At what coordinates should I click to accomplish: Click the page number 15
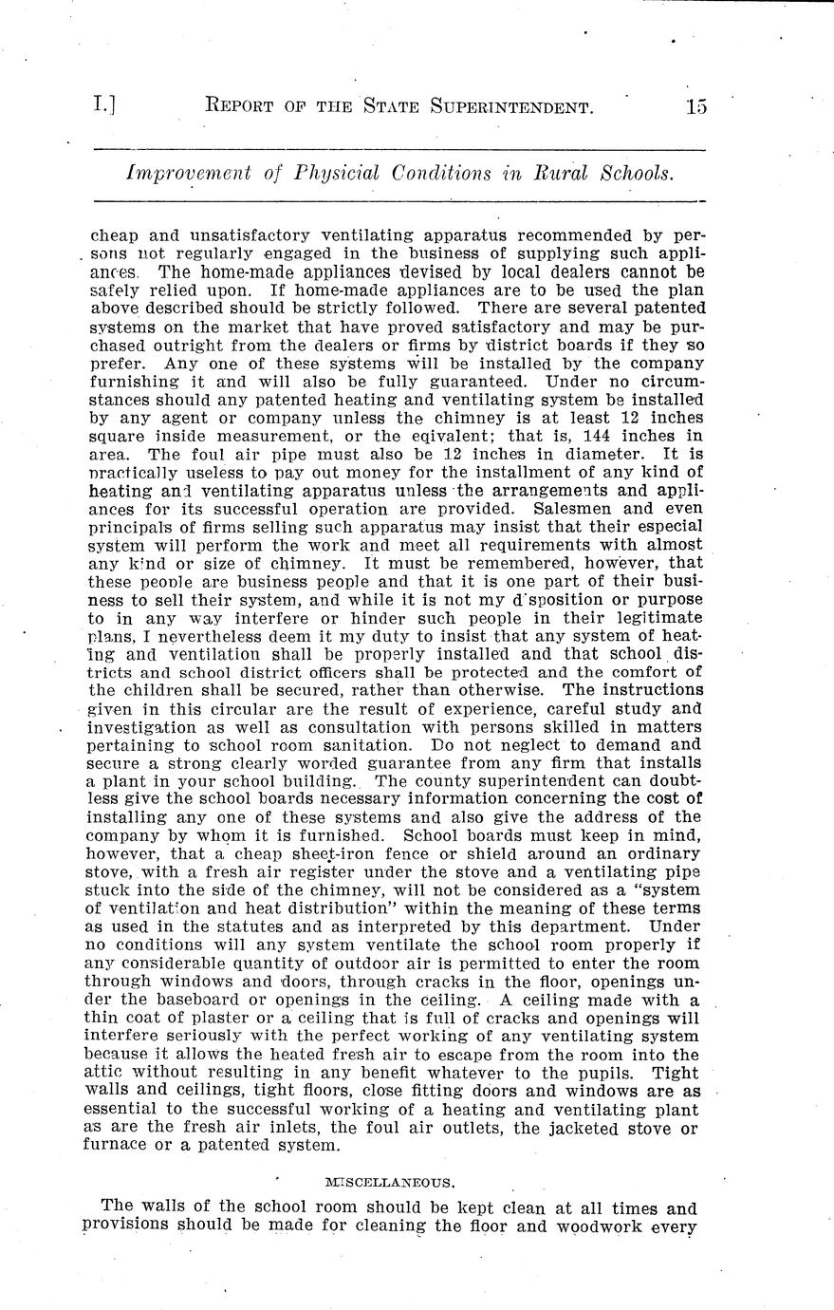(696, 106)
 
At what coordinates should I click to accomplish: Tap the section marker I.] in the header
(104, 105)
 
